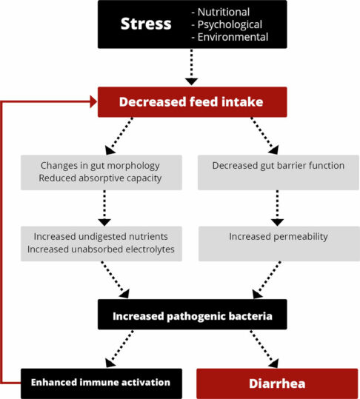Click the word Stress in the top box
click(x=147, y=24)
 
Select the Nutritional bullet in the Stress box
click(x=221, y=11)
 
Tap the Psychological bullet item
click(x=227, y=24)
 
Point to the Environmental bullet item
click(x=230, y=36)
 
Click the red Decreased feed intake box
click(x=192, y=102)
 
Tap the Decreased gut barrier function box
click(x=278, y=165)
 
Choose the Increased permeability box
click(x=278, y=236)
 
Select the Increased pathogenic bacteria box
click(x=192, y=316)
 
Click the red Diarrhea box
click(x=277, y=383)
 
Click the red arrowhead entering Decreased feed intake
click(x=93, y=102)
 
